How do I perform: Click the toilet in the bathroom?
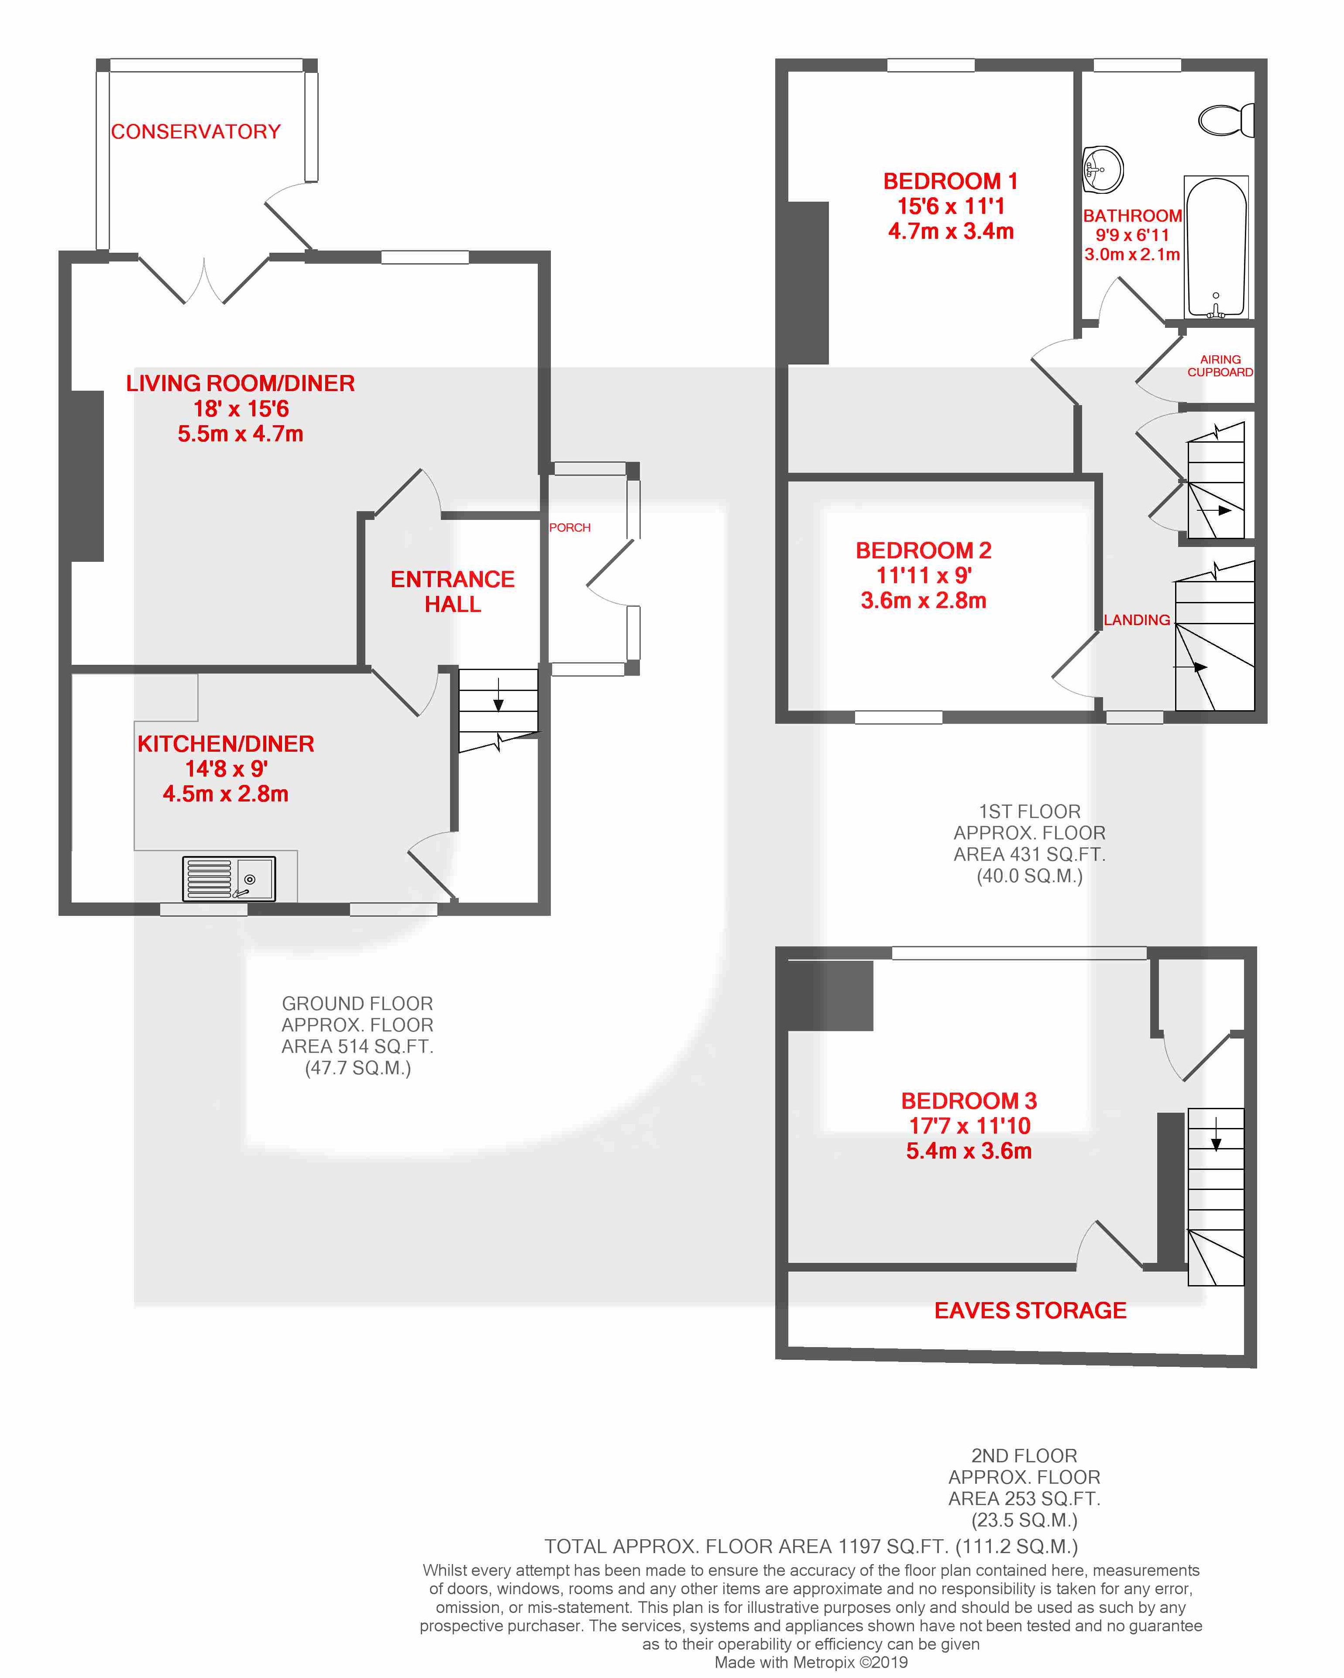pyautogui.click(x=1226, y=120)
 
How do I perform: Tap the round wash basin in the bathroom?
pyautogui.click(x=1102, y=168)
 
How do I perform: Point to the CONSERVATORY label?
pyautogui.click(x=195, y=131)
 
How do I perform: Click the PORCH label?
pyautogui.click(x=570, y=528)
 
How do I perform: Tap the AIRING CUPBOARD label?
pyautogui.click(x=1220, y=366)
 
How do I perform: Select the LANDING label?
pyautogui.click(x=1137, y=620)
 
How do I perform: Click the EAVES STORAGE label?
pyautogui.click(x=1031, y=1310)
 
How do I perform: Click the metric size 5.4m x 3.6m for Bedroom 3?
pyautogui.click(x=969, y=1151)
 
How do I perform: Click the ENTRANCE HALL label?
pyautogui.click(x=453, y=591)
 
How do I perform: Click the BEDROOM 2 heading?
pyautogui.click(x=924, y=550)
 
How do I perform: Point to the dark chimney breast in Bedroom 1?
pyautogui.click(x=808, y=282)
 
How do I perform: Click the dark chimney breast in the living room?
pyautogui.click(x=87, y=475)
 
